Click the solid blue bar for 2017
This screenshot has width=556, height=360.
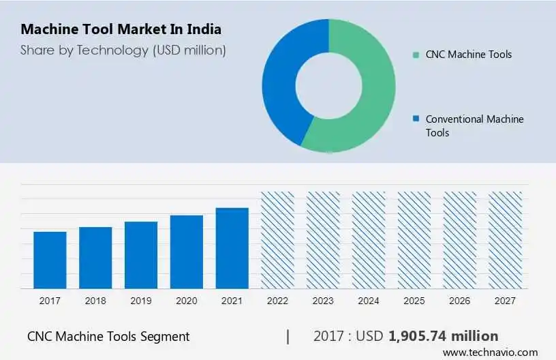(50, 260)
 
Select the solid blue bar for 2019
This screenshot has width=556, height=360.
(141, 255)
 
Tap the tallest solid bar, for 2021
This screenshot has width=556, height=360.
(232, 248)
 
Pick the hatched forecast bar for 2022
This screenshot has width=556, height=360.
(278, 239)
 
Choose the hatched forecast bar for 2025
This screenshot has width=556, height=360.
(414, 239)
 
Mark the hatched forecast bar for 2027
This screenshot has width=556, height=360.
(506, 239)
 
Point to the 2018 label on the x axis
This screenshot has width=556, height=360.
(95, 301)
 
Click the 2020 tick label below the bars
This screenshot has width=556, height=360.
(187, 301)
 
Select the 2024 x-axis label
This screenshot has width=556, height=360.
(369, 301)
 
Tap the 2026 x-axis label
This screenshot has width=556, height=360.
(460, 301)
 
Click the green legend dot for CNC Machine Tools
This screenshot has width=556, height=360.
(415, 55)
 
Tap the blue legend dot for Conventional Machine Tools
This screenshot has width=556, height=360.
(415, 119)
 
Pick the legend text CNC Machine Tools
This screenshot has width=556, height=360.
(468, 55)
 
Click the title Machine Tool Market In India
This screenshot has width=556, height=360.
(121, 30)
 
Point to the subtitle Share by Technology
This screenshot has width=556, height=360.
(123, 50)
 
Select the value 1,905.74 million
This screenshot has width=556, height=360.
(443, 336)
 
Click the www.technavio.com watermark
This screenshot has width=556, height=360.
(490, 352)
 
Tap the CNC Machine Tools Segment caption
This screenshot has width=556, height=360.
(108, 336)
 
